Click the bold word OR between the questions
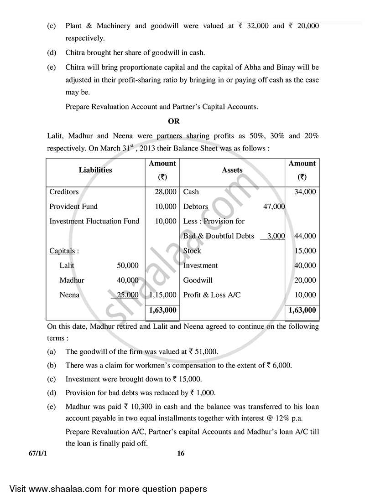(x=174, y=121)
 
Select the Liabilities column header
(x=95, y=170)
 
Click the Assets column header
(x=232, y=170)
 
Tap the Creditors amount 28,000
(x=166, y=192)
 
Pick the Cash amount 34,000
(x=305, y=192)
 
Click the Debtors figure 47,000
(x=274, y=207)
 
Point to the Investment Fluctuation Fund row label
(x=94, y=221)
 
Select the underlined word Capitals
(x=63, y=251)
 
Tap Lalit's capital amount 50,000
(x=127, y=265)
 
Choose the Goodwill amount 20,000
(x=305, y=280)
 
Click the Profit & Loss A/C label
(x=212, y=295)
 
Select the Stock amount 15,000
(x=305, y=251)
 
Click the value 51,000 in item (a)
(x=207, y=352)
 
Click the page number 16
(x=182, y=454)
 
